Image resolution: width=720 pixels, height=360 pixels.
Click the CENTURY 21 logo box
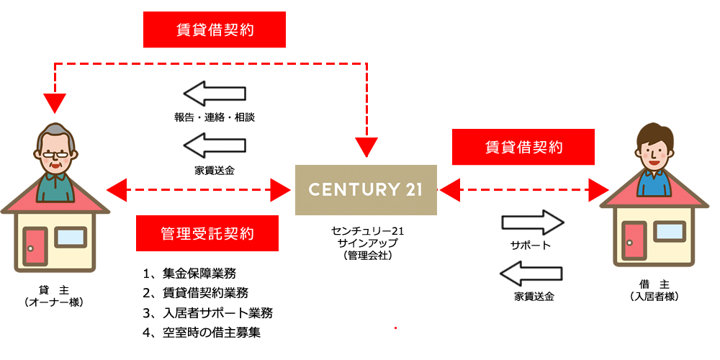[x=366, y=189]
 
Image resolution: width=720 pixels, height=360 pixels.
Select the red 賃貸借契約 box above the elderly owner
[x=215, y=31]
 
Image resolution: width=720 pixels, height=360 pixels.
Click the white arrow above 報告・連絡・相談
[x=215, y=94]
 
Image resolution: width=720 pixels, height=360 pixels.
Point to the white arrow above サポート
[x=531, y=222]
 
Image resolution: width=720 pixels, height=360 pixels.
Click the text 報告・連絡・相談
[x=215, y=117]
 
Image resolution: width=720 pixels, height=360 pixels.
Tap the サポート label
[x=531, y=246]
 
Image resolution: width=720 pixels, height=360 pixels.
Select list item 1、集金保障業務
[x=189, y=274]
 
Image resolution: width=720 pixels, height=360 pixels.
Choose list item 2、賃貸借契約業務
[x=195, y=293]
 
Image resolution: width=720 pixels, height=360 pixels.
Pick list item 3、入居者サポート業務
[x=207, y=313]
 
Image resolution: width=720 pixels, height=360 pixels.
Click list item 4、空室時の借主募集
[x=201, y=333]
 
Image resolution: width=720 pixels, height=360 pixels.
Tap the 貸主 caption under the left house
[x=54, y=290]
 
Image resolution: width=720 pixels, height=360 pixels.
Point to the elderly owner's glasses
[x=54, y=153]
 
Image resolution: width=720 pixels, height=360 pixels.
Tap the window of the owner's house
[x=70, y=237]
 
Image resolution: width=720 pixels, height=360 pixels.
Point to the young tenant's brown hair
[x=655, y=132]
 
